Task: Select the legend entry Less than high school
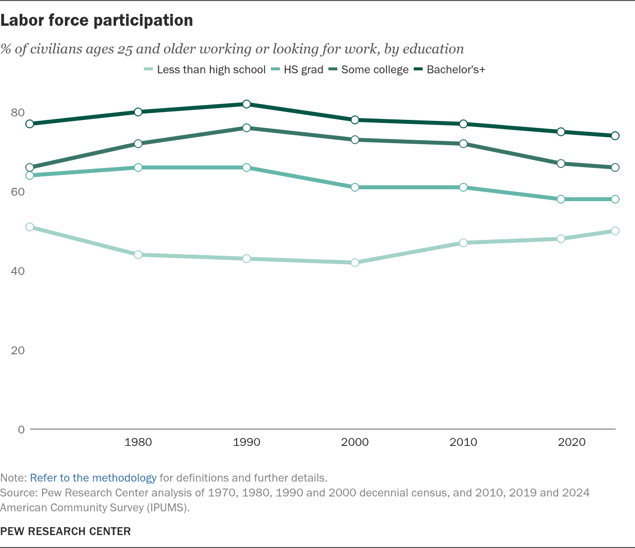point(204,70)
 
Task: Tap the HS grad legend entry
point(297,70)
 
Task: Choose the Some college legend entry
point(368,70)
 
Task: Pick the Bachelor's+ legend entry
point(449,70)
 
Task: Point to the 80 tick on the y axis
point(17,112)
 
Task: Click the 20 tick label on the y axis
point(17,350)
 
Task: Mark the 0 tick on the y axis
point(21,430)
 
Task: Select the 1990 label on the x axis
point(247,442)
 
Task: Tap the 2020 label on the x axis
point(571,442)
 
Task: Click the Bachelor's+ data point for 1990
point(247,104)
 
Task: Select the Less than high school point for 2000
point(355,263)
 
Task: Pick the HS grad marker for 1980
point(138,167)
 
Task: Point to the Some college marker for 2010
point(463,144)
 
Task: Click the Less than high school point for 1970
point(30,227)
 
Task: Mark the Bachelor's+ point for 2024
point(615,136)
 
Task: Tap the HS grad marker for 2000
point(355,187)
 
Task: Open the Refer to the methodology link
point(93,478)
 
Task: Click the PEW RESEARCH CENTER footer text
point(65,532)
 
